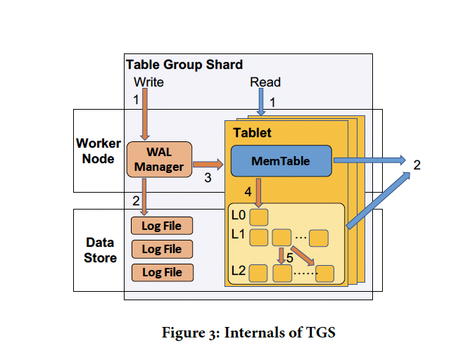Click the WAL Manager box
click(159, 160)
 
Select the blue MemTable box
click(280, 161)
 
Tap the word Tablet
click(252, 133)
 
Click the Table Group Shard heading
click(184, 65)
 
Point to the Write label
click(148, 82)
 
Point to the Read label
click(265, 83)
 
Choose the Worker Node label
click(99, 151)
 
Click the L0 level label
click(238, 214)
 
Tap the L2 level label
click(238, 270)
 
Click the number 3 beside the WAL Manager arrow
click(208, 179)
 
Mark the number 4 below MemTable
click(247, 191)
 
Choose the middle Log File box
click(162, 249)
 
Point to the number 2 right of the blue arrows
click(417, 165)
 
